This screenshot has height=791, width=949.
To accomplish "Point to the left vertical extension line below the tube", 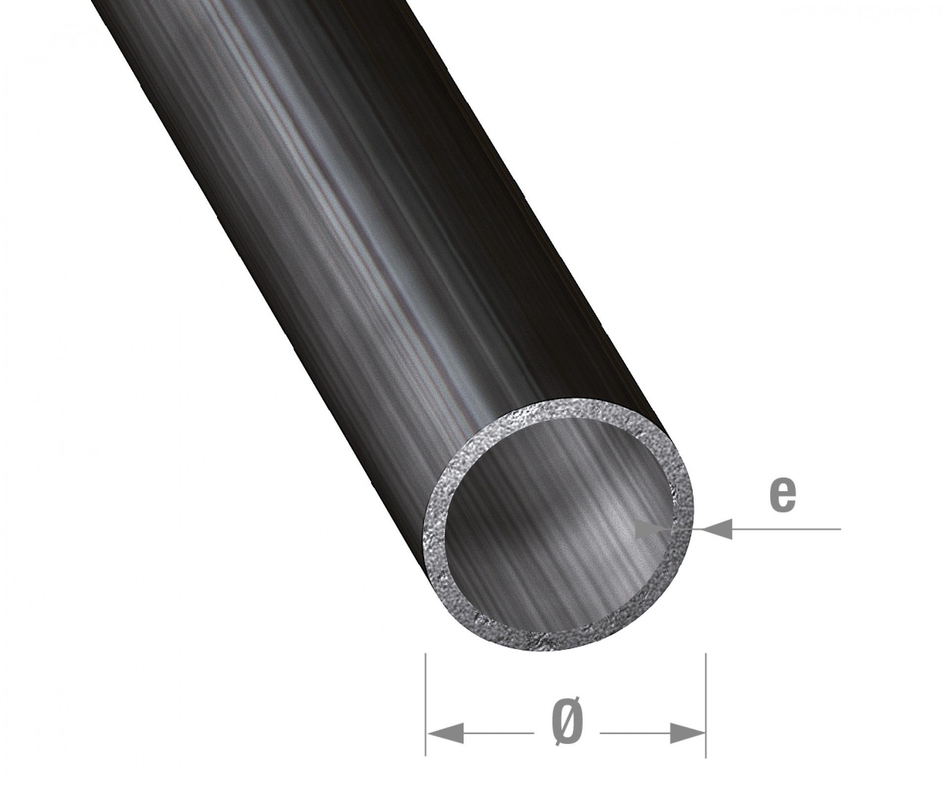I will pos(426,707).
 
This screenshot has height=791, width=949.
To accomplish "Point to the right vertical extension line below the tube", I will pos(705,707).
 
